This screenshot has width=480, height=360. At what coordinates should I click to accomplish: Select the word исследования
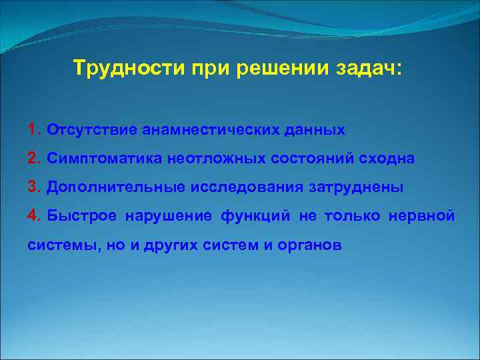(247, 187)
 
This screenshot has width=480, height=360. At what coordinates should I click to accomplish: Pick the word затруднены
(356, 187)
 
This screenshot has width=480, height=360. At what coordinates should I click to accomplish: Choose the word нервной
(426, 216)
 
